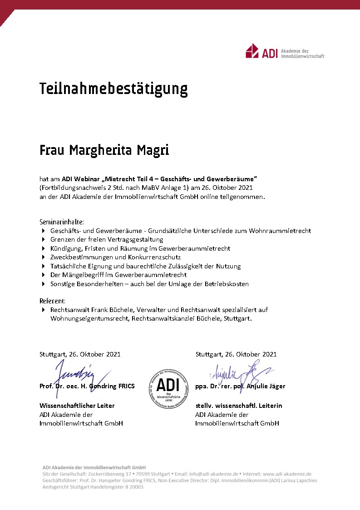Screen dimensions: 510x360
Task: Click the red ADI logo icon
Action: [252, 51]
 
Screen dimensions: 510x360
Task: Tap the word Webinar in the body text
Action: [87, 178]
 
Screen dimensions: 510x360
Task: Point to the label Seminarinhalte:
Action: [61, 222]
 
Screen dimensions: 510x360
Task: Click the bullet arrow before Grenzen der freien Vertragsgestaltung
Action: [44, 239]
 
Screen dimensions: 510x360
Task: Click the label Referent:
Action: [52, 301]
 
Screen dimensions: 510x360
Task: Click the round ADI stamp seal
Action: [168, 387]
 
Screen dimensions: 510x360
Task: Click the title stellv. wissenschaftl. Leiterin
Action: [238, 406]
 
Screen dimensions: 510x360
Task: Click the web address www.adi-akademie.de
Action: [287, 474]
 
